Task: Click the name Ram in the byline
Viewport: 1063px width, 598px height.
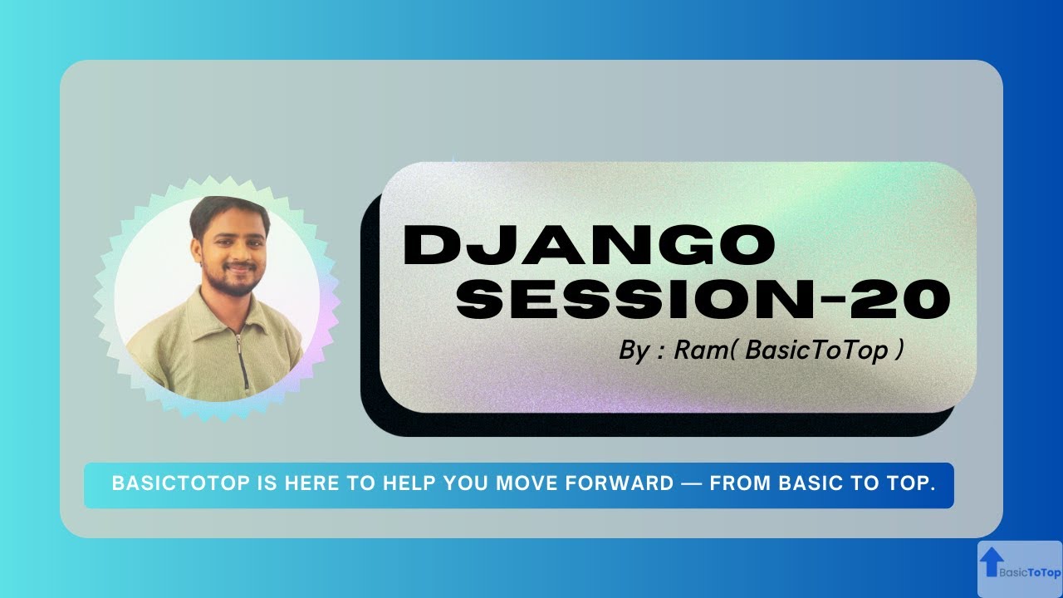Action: pos(700,350)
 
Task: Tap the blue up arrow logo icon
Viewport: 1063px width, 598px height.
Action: pos(990,562)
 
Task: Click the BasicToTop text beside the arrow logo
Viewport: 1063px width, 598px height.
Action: pos(1030,572)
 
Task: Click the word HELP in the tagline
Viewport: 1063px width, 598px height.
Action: pos(409,484)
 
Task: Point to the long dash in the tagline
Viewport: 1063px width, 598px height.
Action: pos(691,484)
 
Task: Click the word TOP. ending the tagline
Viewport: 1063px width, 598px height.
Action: pos(912,484)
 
